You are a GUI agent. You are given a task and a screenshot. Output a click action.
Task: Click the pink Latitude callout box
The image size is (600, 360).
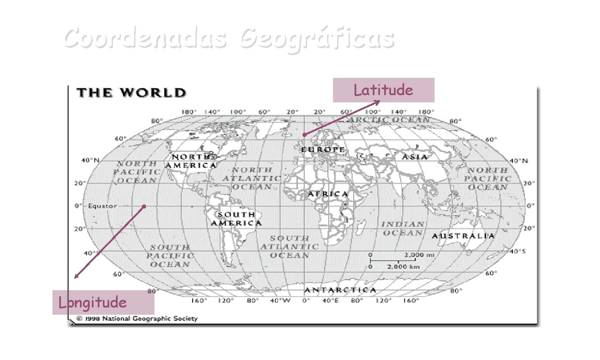pos(383,90)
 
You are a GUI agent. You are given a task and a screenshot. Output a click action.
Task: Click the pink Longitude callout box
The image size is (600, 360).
pos(103,302)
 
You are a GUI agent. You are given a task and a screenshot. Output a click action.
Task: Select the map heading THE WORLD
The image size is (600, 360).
pos(131,93)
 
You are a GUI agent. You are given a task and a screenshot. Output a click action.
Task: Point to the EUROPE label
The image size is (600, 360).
pos(323,150)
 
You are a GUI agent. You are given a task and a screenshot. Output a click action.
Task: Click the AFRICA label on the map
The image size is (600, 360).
pos(328,194)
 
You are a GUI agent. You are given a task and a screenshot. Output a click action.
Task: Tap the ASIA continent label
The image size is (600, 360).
pos(414,157)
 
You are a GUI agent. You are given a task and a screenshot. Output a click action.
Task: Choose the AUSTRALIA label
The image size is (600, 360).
pos(463,236)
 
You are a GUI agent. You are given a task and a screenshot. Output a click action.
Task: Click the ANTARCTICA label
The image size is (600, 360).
pos(340,290)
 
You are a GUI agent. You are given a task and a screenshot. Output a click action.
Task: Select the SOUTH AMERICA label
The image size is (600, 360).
pos(237,219)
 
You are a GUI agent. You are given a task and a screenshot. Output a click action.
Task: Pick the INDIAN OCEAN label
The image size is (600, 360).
pos(403,228)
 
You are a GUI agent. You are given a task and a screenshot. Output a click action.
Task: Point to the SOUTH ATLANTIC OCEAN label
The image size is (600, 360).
pos(290,247)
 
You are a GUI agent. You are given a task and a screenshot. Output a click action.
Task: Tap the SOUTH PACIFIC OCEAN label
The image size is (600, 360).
pos(170,256)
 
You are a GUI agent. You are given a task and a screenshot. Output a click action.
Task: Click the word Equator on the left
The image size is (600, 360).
pos(102,206)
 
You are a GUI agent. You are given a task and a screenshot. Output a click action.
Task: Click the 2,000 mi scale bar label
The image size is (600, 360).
pos(419,255)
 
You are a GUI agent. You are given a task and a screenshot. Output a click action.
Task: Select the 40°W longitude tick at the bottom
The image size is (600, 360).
pos(281,301)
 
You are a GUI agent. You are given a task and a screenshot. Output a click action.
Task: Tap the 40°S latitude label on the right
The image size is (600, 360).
pos(517,251)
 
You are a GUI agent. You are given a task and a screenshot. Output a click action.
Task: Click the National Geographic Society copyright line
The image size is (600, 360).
pos(137,319)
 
